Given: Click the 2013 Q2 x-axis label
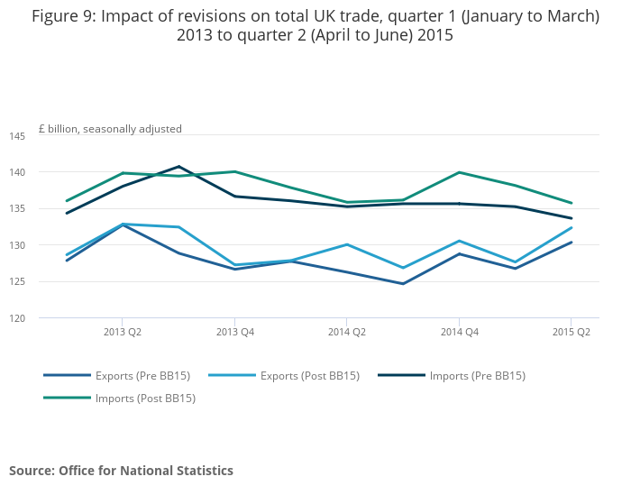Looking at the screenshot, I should tap(123, 331).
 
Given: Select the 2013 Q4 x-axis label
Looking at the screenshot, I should tap(234, 331).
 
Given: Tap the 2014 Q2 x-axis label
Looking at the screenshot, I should tap(347, 331).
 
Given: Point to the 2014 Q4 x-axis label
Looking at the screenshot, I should tap(459, 331).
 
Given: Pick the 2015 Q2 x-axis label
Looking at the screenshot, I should tap(572, 331).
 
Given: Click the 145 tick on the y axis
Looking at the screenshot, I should tap(17, 136).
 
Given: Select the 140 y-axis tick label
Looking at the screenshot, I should tap(17, 172).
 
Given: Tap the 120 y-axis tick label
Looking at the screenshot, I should tap(17, 318).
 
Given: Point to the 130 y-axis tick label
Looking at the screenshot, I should tap(17, 245).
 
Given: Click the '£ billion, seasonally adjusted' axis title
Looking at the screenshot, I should tap(110, 129).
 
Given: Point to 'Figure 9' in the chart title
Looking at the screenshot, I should tap(62, 16).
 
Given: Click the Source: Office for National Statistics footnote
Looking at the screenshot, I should tap(121, 471).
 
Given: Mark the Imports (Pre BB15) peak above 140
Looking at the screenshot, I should tap(178, 166).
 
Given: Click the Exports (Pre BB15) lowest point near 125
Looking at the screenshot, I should tap(403, 284).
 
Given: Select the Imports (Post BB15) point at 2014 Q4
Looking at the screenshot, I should tap(459, 172).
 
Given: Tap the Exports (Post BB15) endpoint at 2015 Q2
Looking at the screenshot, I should tap(572, 227).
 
